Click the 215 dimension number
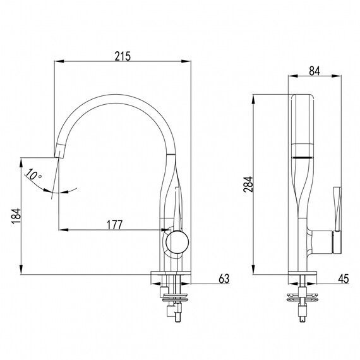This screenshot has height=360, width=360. point(123,56)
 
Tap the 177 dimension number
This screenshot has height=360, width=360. point(115,225)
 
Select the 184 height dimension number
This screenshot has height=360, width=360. point(16,216)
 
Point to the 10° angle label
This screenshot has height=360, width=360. point(33,175)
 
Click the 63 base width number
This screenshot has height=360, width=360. point(224,279)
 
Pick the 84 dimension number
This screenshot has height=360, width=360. point(315,71)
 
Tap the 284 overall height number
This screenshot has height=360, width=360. point(248,184)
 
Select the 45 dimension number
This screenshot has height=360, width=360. point(344,279)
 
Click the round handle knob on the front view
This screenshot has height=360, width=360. point(177,242)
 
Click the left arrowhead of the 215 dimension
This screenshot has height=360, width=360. point(59,61)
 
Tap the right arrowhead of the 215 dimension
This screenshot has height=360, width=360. point(186,61)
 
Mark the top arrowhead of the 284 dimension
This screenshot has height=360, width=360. point(253,99)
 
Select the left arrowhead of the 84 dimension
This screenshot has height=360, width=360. point(293,76)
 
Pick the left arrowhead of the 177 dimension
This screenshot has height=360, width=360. point(63,230)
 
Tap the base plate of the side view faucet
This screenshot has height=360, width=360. point(303,273)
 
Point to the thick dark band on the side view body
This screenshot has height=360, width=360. point(303,157)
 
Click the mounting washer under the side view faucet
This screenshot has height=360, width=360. point(303,297)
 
